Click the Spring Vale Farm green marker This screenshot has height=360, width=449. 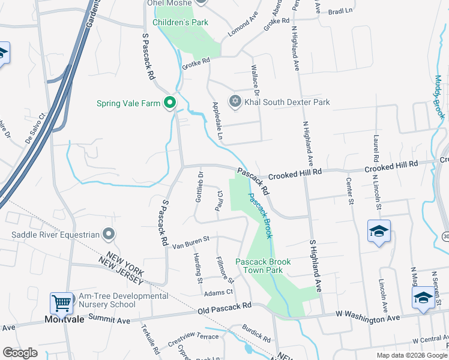170,103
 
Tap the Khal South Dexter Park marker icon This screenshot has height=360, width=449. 235,102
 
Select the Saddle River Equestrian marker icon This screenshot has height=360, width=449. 108,233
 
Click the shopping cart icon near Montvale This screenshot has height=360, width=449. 61,303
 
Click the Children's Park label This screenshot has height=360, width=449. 180,22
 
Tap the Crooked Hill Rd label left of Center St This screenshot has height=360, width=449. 295,172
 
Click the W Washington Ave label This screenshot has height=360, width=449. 359,316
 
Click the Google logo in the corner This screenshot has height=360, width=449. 20,353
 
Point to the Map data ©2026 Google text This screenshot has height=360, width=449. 412,355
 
